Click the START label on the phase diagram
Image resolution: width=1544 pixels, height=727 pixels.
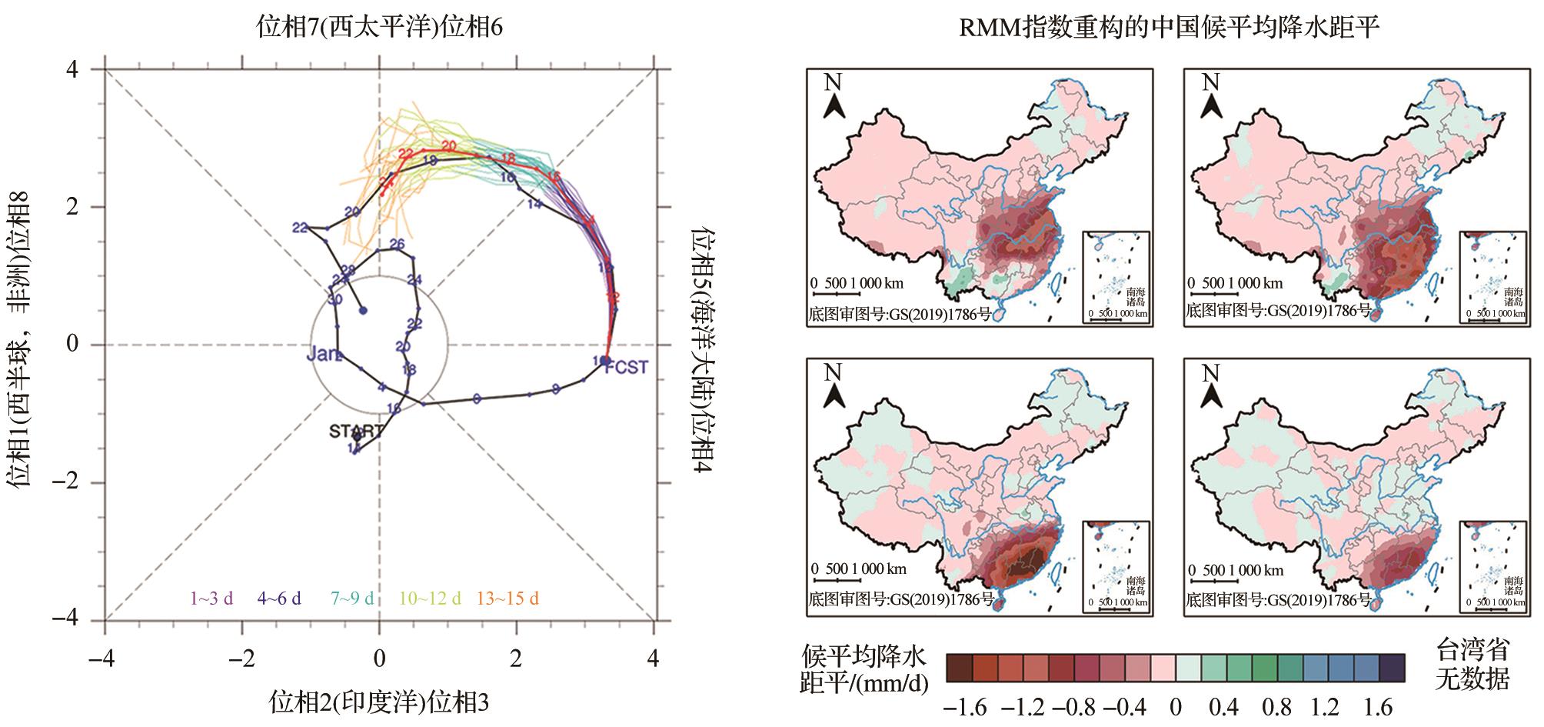click(x=356, y=431)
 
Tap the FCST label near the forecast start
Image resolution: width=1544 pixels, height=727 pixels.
click(x=627, y=367)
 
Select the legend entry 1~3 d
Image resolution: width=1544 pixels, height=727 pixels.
click(x=211, y=599)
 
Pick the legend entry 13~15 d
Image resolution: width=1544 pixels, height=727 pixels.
click(x=507, y=599)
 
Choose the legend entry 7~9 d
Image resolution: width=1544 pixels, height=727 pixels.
click(x=352, y=599)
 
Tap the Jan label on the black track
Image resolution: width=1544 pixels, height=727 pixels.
click(x=323, y=355)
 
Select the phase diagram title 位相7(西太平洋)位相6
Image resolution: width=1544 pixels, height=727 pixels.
click(x=380, y=28)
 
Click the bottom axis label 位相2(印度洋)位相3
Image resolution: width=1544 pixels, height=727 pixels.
click(x=379, y=702)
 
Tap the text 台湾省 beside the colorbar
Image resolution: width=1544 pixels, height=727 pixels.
click(x=1472, y=650)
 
